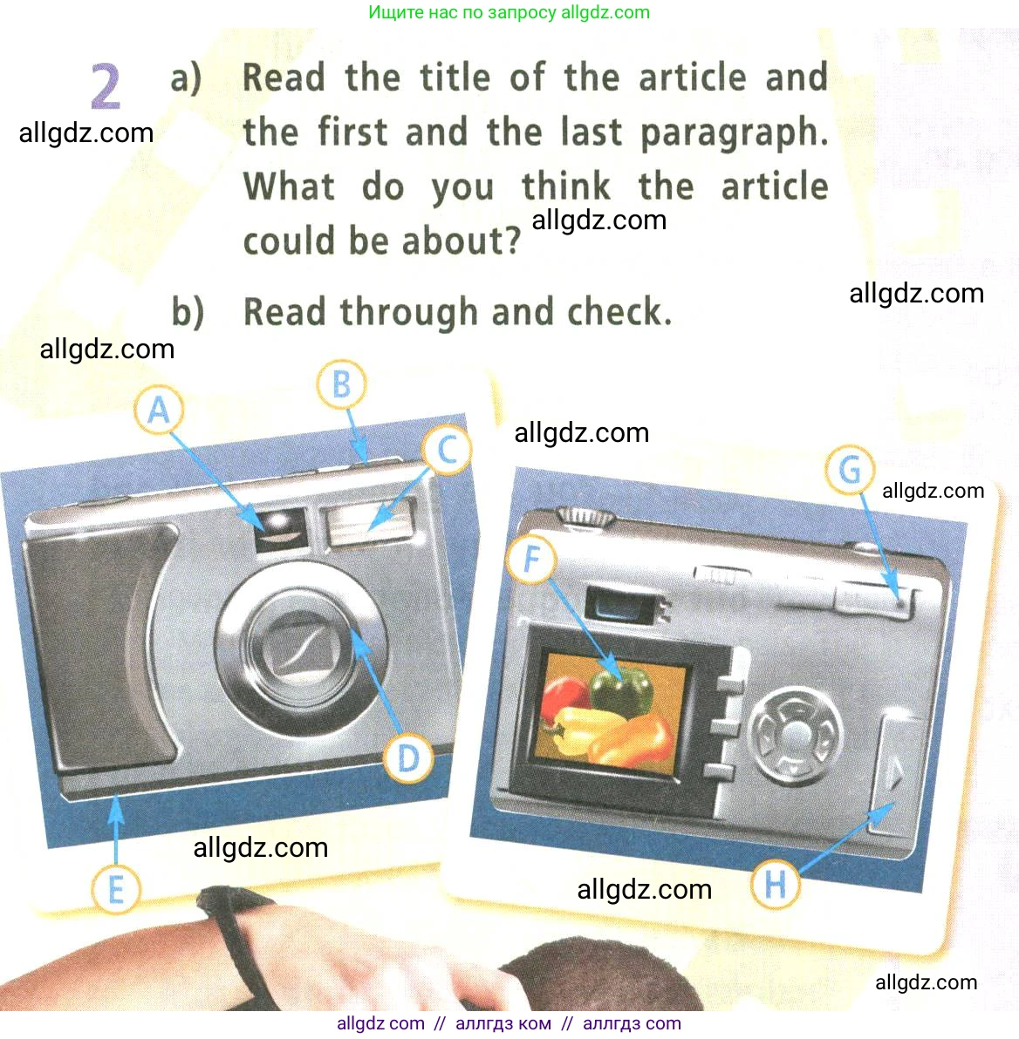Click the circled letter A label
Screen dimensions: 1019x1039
[x=159, y=411]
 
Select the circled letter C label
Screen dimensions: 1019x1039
[x=448, y=450]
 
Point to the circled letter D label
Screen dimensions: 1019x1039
[x=408, y=757]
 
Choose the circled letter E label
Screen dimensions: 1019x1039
[x=116, y=889]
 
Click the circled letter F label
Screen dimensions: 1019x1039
[x=531, y=559]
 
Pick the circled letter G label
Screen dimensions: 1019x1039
[x=850, y=470]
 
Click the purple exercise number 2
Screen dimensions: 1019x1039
[x=106, y=87]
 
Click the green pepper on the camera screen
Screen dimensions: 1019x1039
[x=621, y=689]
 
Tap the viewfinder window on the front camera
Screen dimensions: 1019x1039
[x=281, y=529]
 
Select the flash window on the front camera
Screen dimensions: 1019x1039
[x=368, y=520]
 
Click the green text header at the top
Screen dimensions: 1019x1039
[x=509, y=12]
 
